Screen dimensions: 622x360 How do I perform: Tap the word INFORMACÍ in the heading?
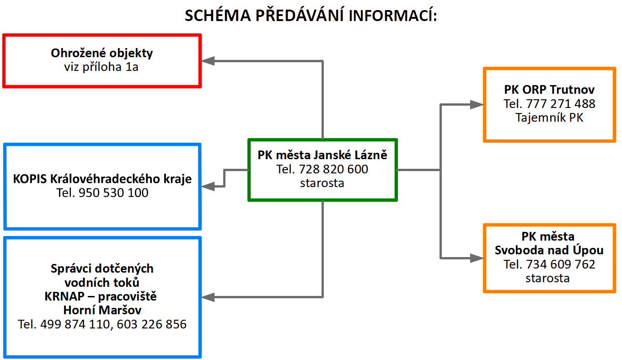[x=393, y=15]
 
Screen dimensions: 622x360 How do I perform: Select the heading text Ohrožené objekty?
[x=102, y=53]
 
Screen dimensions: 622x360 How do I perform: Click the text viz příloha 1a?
[x=101, y=67]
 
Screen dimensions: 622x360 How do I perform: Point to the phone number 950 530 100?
[x=113, y=193]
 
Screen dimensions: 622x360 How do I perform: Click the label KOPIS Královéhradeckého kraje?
[x=102, y=179]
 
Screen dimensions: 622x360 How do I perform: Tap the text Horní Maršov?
[x=102, y=310]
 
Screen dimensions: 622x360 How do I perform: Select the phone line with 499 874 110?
[x=102, y=324]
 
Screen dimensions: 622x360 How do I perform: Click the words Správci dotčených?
[x=102, y=269]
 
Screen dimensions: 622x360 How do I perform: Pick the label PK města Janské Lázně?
[x=322, y=155]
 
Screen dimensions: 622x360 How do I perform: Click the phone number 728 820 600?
[x=333, y=169]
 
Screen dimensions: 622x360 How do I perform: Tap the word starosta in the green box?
[x=322, y=183]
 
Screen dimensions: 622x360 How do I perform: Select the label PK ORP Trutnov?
[x=549, y=90]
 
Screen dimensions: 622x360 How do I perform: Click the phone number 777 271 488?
[x=561, y=104]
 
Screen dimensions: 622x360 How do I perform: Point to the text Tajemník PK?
[x=549, y=118]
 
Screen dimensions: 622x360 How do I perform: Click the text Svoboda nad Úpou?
[x=549, y=250]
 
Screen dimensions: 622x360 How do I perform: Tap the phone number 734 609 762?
[x=561, y=264]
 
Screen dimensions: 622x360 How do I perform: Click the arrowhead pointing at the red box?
[x=208, y=61]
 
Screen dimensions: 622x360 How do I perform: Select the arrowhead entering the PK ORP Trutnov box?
[x=477, y=104]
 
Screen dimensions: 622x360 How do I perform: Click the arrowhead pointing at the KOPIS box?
[x=208, y=186]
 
